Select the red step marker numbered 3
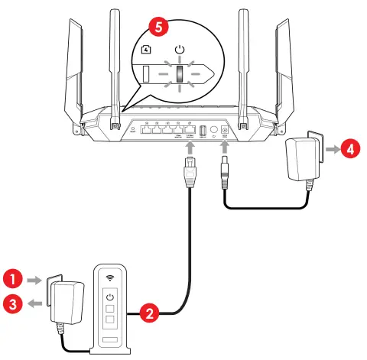pos(13,303)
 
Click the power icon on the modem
pos(109,297)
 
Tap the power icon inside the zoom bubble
pos(180,51)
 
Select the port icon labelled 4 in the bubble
pos(148,50)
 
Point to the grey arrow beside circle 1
pos(34,282)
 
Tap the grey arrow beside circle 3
pos(34,303)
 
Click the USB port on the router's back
pos(203,131)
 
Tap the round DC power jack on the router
pos(225,131)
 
